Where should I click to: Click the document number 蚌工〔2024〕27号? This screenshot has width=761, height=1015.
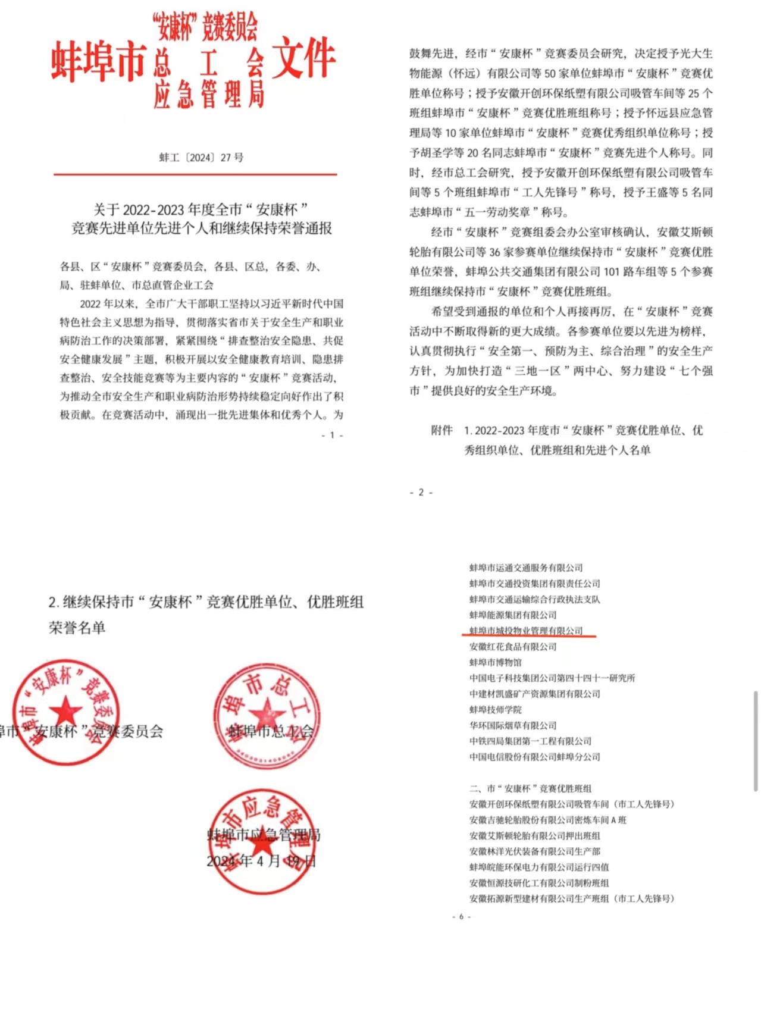[201, 158]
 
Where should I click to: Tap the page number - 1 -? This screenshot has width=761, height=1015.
[332, 435]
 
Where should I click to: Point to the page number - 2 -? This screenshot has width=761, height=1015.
[421, 493]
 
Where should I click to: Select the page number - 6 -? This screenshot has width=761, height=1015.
[461, 917]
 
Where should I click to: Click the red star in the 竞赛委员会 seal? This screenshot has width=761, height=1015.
[65, 711]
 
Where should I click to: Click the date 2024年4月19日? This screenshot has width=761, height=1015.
[261, 861]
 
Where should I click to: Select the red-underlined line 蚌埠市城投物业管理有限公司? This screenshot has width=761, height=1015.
[526, 631]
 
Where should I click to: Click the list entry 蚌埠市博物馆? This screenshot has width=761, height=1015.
[495, 662]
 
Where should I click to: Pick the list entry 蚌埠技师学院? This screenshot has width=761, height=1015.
[495, 710]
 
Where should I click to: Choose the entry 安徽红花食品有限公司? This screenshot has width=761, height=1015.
[512, 647]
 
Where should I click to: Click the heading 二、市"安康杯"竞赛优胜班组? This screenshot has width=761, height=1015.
[530, 788]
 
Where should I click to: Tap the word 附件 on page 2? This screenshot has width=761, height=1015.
[441, 430]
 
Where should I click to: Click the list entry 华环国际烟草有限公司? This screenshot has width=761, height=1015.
[512, 725]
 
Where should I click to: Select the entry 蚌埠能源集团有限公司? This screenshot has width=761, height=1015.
[512, 615]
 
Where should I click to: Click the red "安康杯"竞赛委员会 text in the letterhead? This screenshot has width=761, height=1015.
[205, 26]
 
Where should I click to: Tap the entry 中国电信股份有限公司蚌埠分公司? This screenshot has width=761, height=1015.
[534, 757]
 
